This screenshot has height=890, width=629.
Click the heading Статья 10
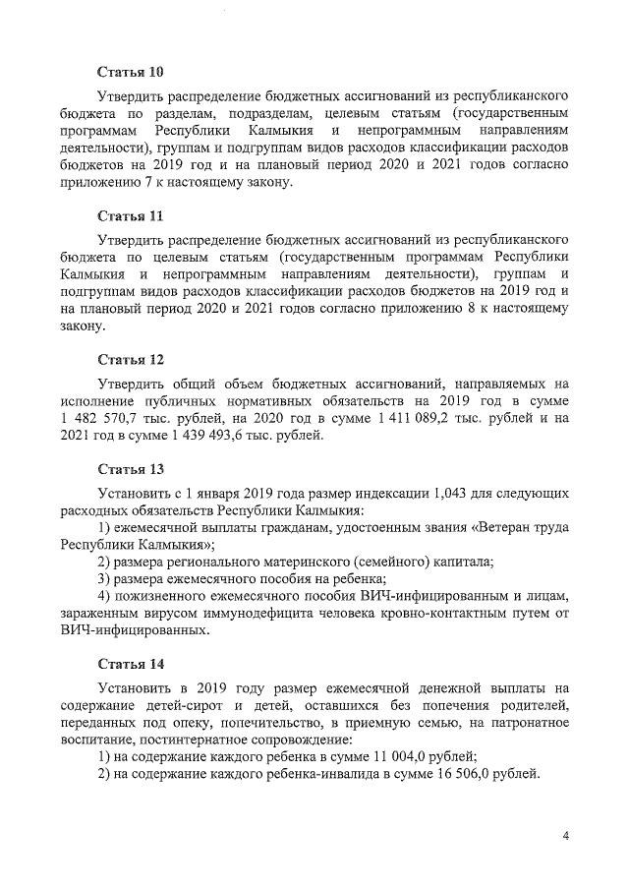[x=130, y=73]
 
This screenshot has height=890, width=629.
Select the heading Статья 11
[x=130, y=215]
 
